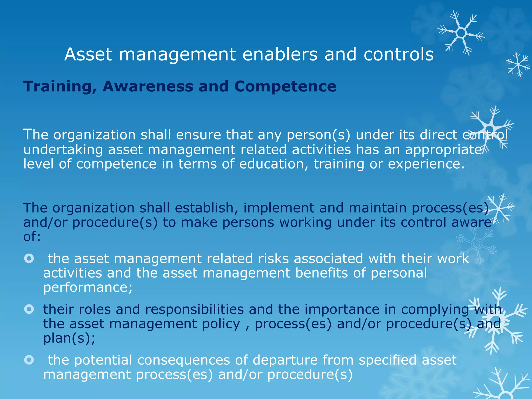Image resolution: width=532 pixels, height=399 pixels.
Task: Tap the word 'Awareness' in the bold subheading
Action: (148, 86)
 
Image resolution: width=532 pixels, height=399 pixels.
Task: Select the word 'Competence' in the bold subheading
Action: (285, 86)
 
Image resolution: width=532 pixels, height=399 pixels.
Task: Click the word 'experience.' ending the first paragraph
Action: (426, 164)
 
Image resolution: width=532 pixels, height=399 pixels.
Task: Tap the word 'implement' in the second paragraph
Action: (278, 208)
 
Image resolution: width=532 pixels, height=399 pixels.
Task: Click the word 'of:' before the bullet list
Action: (32, 236)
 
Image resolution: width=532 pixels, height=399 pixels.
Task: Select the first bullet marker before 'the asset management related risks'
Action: (29, 258)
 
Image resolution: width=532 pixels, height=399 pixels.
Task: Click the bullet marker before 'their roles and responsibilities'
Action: (29, 309)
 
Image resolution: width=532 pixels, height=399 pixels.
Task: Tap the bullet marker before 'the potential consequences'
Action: (29, 360)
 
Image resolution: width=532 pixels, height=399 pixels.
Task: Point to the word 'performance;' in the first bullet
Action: (88, 288)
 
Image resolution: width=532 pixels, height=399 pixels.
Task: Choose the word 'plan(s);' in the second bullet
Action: (69, 338)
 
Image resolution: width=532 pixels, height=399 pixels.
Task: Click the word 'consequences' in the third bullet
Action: (184, 360)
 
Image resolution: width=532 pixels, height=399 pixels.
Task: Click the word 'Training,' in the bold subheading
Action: (60, 87)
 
